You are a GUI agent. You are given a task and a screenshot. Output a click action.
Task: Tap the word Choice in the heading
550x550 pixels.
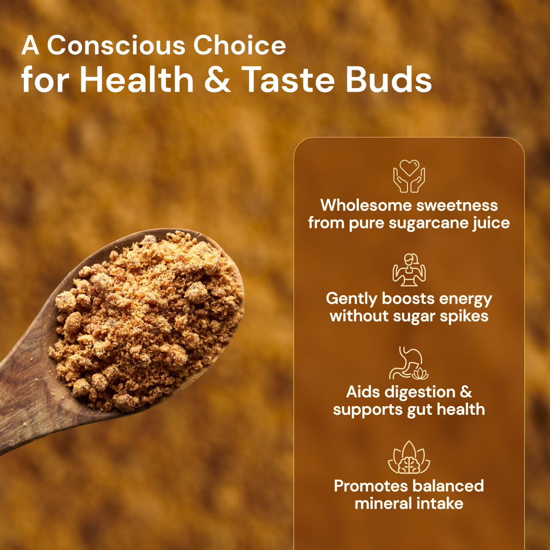coord(239,46)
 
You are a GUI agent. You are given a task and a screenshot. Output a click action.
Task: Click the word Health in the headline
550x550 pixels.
coord(137,80)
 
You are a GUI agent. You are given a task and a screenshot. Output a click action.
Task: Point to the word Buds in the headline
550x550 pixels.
coord(389,80)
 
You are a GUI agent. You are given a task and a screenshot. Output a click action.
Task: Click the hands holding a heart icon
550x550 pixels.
coord(409,176)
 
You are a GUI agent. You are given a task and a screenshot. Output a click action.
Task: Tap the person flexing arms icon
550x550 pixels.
coord(409,269)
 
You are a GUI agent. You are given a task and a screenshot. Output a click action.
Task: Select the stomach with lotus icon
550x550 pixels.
coord(408,363)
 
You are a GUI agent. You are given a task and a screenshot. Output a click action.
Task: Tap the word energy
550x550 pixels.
coord(465,299)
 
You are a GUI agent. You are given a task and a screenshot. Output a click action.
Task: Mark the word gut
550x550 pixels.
coord(417,410)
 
